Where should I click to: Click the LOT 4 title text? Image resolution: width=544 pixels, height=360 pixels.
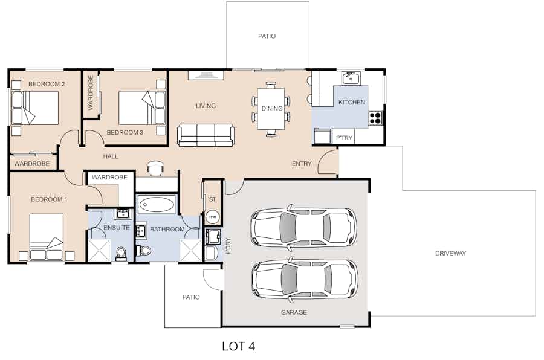coord(238,346)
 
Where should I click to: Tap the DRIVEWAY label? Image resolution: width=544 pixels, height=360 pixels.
coord(450,254)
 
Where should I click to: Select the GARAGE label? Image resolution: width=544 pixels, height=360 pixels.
coord(294,312)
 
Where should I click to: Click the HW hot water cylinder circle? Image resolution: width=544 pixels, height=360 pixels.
coord(212,217)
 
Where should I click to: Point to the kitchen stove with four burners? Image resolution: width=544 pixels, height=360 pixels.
coord(375,118)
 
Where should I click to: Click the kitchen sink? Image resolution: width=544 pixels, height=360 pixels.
coord(351,79)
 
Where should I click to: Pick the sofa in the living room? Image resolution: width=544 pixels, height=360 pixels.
coord(206,135)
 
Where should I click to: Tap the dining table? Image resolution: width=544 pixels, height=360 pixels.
coord(271,109)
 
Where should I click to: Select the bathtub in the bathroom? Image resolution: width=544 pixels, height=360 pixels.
coord(157,204)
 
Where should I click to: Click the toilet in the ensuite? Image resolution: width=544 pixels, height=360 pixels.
coord(121,254)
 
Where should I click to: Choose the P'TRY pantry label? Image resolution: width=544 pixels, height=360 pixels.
coord(344,138)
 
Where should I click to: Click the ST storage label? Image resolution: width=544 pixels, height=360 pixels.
coord(212,199)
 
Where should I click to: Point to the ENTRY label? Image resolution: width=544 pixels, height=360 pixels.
coord(302,164)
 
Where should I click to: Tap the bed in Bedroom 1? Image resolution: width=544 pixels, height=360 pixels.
coord(46,237)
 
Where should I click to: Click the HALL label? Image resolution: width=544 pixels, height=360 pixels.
coord(111,156)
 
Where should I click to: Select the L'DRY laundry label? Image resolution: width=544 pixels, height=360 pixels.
coord(228,246)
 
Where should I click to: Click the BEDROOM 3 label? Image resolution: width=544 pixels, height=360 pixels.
coord(125,132)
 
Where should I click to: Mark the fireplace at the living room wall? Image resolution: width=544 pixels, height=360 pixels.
coord(206,76)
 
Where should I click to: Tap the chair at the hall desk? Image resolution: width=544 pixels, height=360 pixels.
coord(155,168)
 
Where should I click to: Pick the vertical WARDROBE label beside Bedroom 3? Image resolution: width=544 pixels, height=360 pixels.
coord(91,92)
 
